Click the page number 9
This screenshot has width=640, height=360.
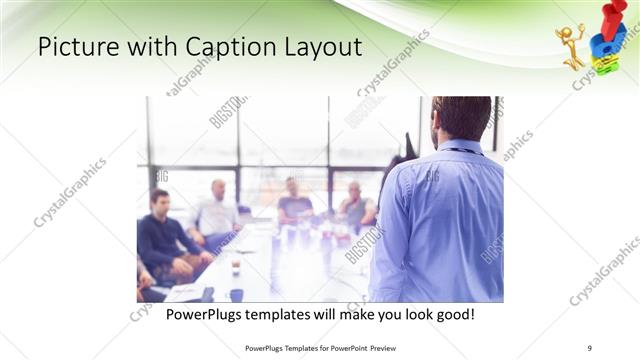click(x=589, y=348)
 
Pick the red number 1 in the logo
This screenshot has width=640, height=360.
click(x=611, y=18)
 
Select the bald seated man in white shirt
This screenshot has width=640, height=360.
click(x=217, y=210)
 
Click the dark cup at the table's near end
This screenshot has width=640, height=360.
click(x=236, y=294)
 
